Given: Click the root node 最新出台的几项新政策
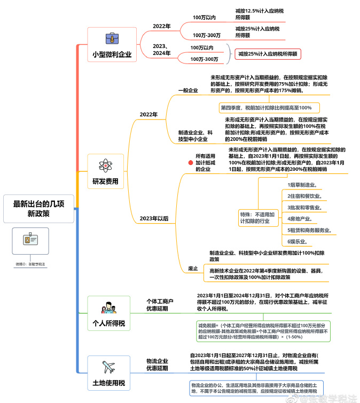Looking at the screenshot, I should [38, 208].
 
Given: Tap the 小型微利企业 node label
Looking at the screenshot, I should [112, 54].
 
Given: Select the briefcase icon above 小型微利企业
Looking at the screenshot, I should [112, 38].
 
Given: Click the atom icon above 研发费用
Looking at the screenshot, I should [105, 163].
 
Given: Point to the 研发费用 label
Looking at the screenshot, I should [105, 181].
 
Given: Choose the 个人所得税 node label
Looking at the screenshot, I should [108, 323].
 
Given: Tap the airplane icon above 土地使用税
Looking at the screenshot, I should [108, 367].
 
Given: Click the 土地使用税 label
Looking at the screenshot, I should [108, 383].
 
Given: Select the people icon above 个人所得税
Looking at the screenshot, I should [108, 308].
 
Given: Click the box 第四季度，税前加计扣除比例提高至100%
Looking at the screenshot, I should [269, 107].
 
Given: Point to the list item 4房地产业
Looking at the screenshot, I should [299, 218].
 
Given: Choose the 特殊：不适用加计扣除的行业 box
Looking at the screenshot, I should [257, 217].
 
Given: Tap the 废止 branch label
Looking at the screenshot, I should [193, 268].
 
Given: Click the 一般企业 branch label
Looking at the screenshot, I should [188, 90].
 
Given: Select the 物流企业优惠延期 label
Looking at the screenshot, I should [157, 364].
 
